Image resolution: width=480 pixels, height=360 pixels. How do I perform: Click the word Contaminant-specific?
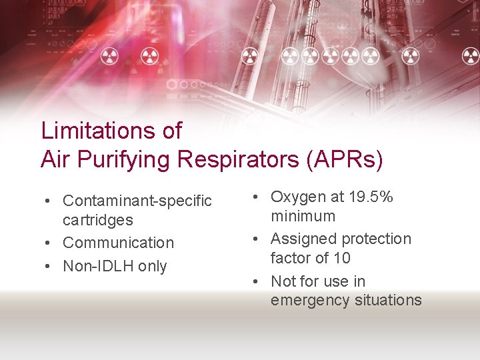[137, 201]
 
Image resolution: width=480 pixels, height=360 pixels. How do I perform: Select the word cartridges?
[97, 220]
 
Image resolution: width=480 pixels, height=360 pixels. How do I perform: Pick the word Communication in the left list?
[118, 243]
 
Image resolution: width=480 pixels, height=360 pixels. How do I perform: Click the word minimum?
[303, 216]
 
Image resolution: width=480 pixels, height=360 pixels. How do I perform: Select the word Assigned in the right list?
[303, 239]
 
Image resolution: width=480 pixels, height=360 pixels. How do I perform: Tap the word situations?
[387, 300]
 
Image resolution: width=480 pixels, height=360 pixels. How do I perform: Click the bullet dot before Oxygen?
[257, 197]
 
